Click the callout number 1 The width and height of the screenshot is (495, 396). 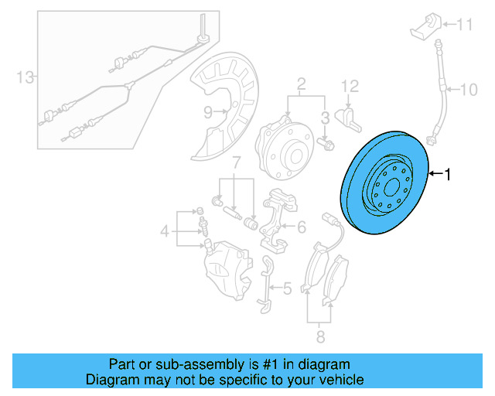[445, 176]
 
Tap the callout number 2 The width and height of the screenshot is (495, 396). [301, 84]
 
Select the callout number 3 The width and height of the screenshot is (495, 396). [326, 117]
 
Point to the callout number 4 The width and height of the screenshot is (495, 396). [164, 230]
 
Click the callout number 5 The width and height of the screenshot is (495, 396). [287, 288]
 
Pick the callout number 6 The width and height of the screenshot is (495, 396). [301, 227]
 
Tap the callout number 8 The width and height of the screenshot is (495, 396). [320, 336]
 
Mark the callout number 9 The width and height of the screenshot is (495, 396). [208, 112]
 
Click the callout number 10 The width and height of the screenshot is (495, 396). [469, 90]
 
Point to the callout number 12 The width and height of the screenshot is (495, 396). [350, 84]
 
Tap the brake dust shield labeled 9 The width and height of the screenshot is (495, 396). [232, 101]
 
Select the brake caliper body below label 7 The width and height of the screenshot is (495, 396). [226, 267]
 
